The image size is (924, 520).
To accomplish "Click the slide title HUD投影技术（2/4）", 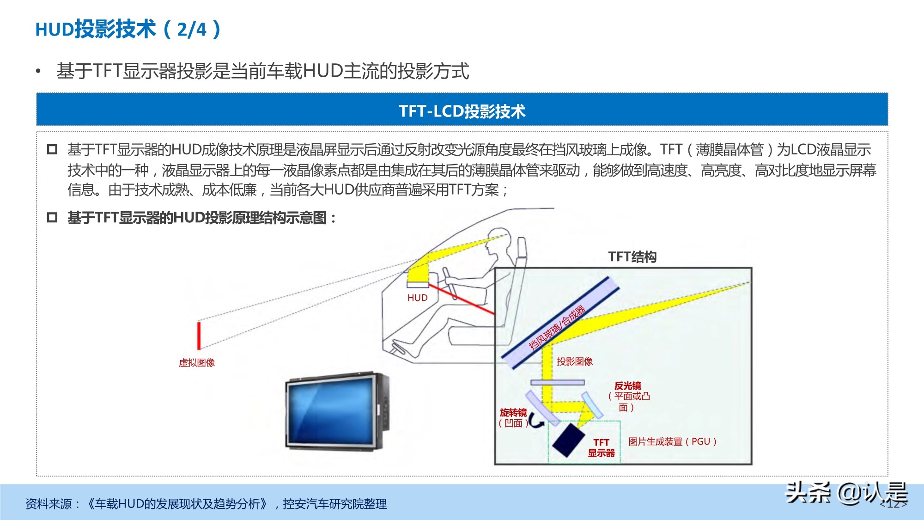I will click(x=128, y=29).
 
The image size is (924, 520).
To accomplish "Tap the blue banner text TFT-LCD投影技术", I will click(x=462, y=111).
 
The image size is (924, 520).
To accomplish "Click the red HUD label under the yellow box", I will click(x=417, y=298).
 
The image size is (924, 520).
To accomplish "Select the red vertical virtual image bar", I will click(x=199, y=335).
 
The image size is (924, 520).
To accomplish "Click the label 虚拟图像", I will click(x=197, y=363).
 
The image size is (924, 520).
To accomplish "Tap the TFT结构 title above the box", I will click(x=632, y=257).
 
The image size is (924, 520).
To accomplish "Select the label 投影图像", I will click(x=574, y=361).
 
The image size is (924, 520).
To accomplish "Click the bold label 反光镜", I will click(x=627, y=386).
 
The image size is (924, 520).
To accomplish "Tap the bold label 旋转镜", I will click(x=513, y=412).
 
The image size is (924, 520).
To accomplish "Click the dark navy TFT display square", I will click(x=569, y=440).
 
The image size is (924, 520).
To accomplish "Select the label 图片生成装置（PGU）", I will click(x=672, y=441).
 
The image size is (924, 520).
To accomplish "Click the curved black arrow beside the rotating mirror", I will click(x=536, y=421).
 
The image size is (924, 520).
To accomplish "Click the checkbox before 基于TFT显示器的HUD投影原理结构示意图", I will click(x=52, y=217).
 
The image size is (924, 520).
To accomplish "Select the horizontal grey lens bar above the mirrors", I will click(x=557, y=382).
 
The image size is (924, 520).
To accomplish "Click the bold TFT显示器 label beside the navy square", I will click(x=601, y=448).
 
